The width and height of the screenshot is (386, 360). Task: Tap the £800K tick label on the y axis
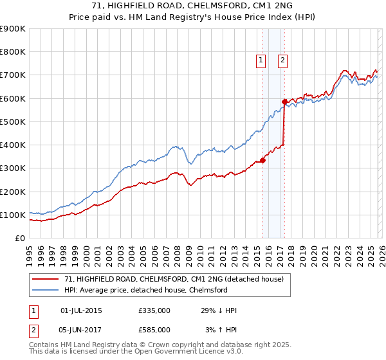(13, 52)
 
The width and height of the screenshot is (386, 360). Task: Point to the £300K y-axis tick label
(13, 168)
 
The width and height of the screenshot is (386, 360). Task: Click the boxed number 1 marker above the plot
(261, 61)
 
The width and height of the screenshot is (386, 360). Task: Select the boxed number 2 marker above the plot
(283, 61)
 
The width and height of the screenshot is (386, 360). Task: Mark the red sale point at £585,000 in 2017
(284, 102)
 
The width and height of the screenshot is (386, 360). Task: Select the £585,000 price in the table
(154, 330)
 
